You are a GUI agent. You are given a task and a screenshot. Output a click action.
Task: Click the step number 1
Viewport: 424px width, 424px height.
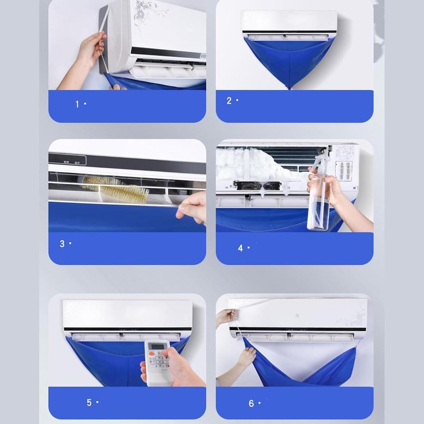click(x=77, y=104)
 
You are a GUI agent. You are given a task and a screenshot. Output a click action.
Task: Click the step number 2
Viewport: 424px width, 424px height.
click(x=229, y=101)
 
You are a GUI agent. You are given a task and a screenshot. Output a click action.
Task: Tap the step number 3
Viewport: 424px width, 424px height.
click(x=62, y=244)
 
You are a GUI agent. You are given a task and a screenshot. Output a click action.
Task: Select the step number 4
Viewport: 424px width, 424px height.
click(x=241, y=248)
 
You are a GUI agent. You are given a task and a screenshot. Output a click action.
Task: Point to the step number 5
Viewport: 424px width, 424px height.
click(x=89, y=402)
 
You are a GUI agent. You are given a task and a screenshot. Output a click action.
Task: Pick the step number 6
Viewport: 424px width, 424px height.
click(x=251, y=403)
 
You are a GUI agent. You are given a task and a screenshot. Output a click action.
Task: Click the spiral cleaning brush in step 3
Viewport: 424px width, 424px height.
click(x=116, y=190)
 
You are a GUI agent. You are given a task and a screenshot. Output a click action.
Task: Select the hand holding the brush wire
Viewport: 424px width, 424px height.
click(x=193, y=207)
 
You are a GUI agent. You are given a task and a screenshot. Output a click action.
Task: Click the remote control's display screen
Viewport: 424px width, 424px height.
click(x=157, y=346)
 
